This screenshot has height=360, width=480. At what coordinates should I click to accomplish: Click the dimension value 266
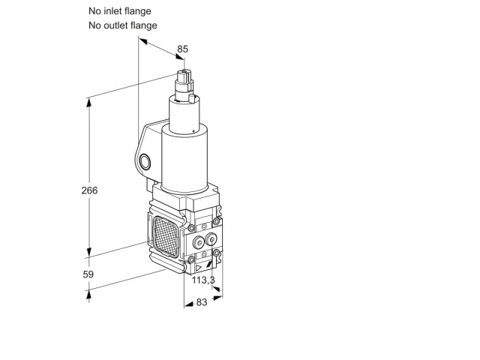point(89,190)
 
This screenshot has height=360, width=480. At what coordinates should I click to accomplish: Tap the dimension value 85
point(183,49)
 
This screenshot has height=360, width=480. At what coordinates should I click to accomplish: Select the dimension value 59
point(88,274)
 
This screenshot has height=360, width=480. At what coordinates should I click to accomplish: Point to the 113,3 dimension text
point(203,280)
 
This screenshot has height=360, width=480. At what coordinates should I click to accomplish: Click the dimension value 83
point(202,302)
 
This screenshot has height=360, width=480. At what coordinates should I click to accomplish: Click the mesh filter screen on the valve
point(166,237)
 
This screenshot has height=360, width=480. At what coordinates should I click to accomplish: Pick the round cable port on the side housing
point(145,162)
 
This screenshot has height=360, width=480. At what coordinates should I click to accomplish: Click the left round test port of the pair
point(199,243)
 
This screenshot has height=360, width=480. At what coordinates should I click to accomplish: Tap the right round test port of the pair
point(211,239)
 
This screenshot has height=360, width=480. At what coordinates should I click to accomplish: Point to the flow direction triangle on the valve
point(199,268)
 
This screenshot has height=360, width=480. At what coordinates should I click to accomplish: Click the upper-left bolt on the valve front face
point(191,228)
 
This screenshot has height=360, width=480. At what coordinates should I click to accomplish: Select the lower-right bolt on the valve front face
point(217,253)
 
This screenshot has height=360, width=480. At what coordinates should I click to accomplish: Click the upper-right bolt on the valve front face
point(217,221)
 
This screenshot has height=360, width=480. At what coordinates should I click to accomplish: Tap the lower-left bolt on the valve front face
point(191,260)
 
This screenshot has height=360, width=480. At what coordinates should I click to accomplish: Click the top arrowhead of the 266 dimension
point(88,103)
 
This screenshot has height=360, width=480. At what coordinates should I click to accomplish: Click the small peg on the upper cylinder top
point(192,98)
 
